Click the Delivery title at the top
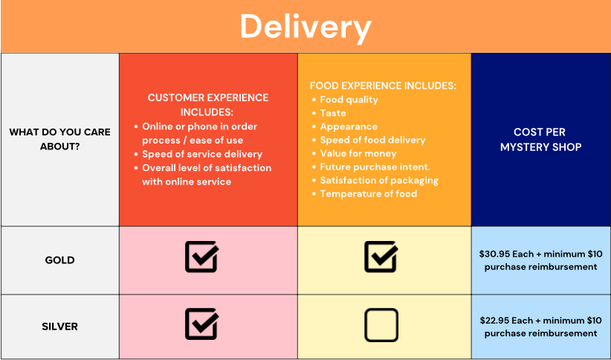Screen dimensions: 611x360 point(305,28)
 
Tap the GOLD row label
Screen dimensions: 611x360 point(59,260)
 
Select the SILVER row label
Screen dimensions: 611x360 point(59,327)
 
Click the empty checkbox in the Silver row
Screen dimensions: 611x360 point(381,325)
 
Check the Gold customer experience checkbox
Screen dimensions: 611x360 point(202,257)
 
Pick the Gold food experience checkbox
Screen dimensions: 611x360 point(381,257)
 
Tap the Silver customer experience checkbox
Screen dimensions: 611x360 point(202,324)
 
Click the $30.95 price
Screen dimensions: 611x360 point(494,254)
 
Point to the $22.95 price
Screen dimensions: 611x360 point(495,321)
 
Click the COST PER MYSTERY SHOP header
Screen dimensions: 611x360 point(540,140)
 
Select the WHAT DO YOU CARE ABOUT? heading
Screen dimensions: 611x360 point(59,139)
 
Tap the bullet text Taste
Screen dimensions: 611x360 point(333,113)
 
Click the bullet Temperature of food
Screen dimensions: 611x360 point(368,194)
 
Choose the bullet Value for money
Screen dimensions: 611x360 point(358,154)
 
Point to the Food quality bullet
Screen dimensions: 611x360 point(349,100)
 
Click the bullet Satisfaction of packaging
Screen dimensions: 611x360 point(379,181)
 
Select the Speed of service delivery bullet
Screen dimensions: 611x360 point(202,154)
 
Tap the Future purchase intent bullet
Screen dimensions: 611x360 point(375,167)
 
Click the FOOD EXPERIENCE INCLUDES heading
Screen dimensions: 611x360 point(383,86)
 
